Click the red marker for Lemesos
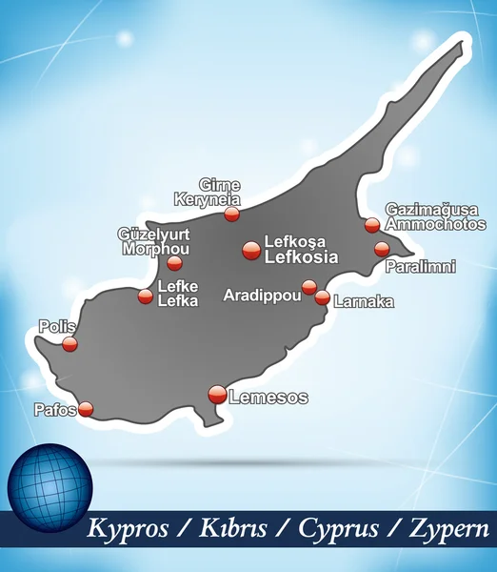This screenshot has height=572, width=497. [x=217, y=394]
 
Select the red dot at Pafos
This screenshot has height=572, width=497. [x=86, y=409]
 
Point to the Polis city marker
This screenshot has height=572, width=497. [x=70, y=343]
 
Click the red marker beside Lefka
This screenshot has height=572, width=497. [x=145, y=296]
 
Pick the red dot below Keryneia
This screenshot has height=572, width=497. [x=231, y=214]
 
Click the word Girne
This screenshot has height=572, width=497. [x=219, y=185]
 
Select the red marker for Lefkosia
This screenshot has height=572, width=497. [x=251, y=250]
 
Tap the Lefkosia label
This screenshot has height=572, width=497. [x=301, y=256]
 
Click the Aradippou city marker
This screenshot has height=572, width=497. [x=309, y=287]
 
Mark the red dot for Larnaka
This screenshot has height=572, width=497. [x=323, y=298]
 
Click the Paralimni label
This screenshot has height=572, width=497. [x=420, y=267]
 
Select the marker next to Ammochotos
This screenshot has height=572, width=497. [x=372, y=225]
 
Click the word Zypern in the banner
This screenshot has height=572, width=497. [x=450, y=528]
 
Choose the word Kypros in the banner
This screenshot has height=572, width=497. [x=127, y=528]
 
